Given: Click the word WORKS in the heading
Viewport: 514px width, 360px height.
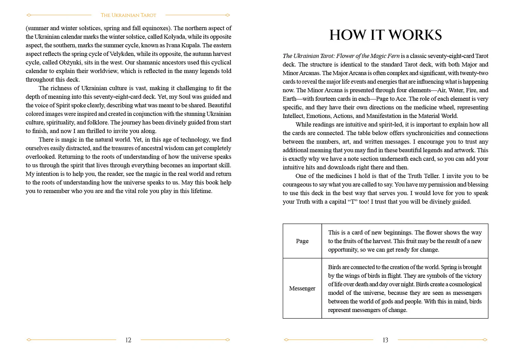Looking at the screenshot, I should click(415, 35).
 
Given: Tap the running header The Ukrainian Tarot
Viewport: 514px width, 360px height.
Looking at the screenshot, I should click(128, 15).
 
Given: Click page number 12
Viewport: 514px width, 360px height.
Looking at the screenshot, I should click(128, 340).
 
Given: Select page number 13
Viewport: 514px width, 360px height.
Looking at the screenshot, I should click(385, 340).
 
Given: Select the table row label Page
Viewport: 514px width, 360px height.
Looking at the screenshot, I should click(302, 241).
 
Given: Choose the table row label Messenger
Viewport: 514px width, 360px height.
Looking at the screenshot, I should click(302, 288).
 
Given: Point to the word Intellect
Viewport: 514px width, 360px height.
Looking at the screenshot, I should click(293, 116).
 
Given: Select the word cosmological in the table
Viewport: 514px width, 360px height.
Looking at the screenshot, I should click(465, 284).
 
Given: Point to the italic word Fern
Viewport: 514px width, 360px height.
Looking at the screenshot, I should click(393, 56).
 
